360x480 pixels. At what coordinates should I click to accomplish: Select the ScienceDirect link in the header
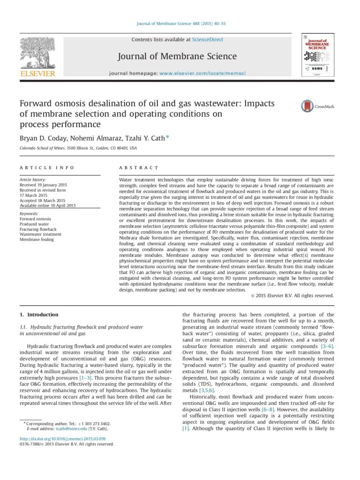click(208, 40)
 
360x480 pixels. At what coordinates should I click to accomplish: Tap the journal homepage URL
click(202, 74)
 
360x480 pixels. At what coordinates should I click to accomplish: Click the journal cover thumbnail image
click(317, 55)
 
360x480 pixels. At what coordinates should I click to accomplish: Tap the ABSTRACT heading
click(139, 167)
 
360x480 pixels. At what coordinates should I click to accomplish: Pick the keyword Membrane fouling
click(37, 240)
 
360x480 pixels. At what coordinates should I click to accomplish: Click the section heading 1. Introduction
click(39, 315)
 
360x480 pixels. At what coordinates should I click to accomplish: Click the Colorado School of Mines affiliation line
click(78, 148)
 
